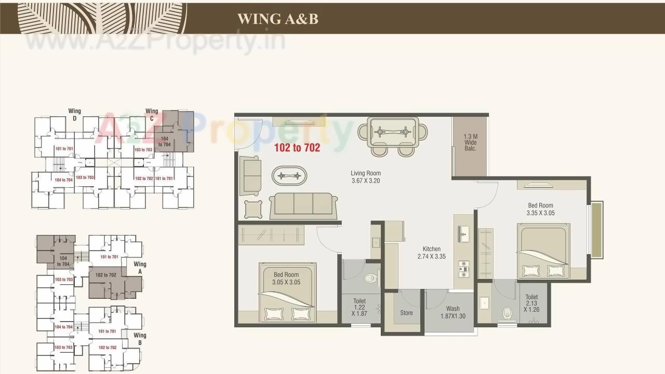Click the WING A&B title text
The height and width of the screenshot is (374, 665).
tap(277, 19)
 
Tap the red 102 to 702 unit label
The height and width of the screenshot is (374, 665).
tap(297, 148)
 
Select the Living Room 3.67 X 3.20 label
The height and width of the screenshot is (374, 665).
tap(366, 177)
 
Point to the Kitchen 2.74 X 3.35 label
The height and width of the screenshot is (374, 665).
tap(431, 253)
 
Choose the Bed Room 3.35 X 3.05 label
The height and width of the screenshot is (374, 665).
tap(540, 209)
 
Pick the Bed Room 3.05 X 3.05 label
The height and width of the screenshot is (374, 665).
tap(286, 278)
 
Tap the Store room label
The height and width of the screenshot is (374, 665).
tap(406, 313)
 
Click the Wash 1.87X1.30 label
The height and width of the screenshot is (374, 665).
tap(453, 312)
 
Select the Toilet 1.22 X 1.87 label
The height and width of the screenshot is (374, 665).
tap(359, 307)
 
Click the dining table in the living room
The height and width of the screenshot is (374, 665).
tap(393, 132)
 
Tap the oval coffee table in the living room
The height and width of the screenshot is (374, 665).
tap(289, 176)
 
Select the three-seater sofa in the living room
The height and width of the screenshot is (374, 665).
tap(303, 204)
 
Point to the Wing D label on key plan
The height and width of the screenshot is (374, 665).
tap(74, 114)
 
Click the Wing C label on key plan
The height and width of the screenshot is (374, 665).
tap(152, 114)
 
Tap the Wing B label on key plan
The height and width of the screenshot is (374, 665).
tap(140, 339)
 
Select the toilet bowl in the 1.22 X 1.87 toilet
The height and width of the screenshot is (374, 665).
tap(370, 279)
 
